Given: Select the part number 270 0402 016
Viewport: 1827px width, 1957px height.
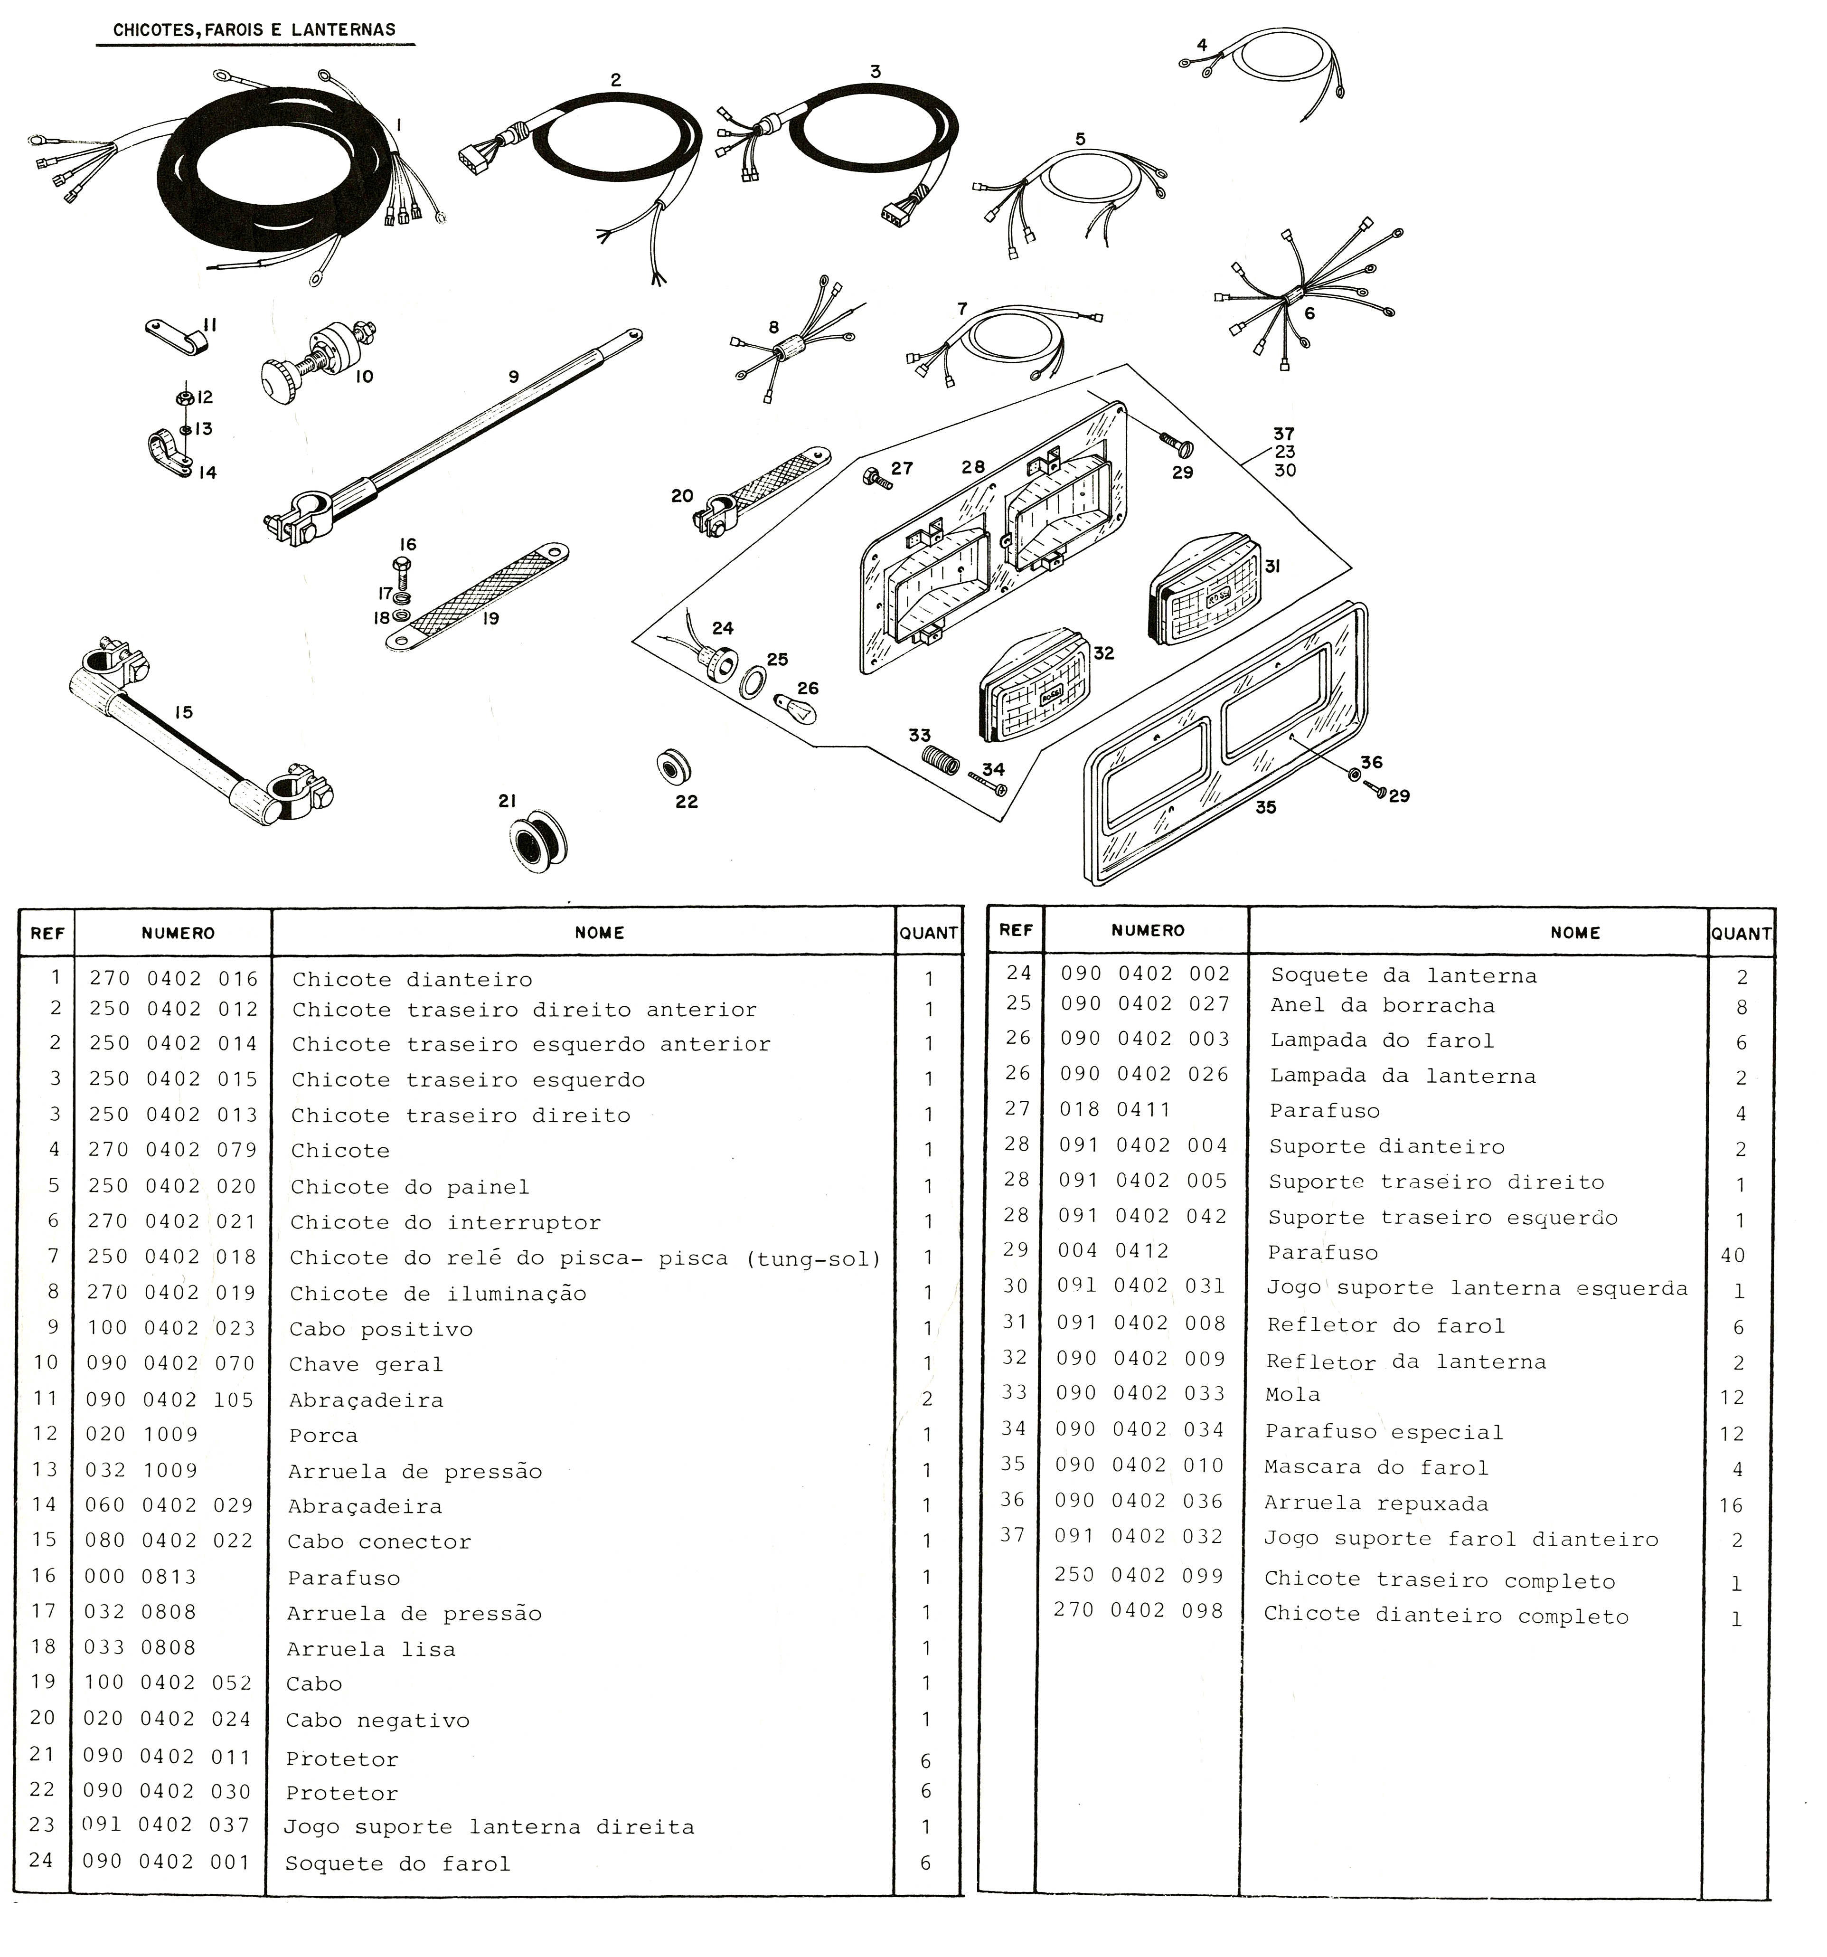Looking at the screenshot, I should click(173, 978).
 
